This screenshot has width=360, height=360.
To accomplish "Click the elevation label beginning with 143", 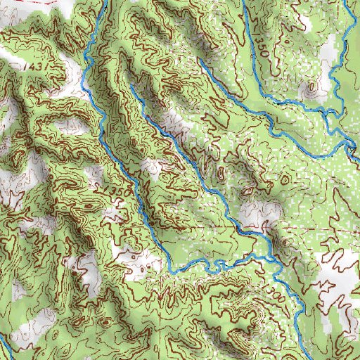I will [30, 65].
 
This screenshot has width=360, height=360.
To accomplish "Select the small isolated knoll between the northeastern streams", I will [310, 89].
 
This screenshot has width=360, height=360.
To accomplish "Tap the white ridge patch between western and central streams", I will [152, 167].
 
